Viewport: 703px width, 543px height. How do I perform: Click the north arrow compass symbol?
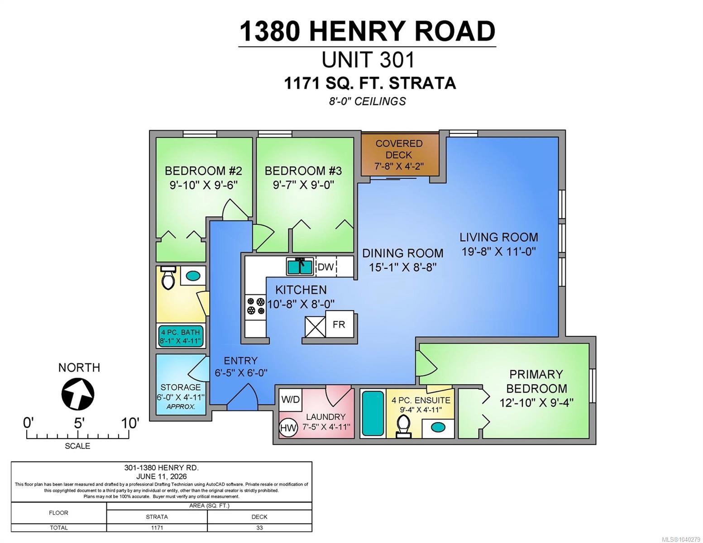coord(78,394)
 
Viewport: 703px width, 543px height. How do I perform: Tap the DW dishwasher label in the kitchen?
coord(325,267)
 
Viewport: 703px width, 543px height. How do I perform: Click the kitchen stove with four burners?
coord(256,306)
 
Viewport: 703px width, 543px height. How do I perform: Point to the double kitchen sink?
coord(300,267)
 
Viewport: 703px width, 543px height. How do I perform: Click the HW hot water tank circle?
coord(288,428)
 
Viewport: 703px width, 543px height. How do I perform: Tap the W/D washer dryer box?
coord(290,399)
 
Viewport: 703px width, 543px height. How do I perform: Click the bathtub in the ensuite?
coord(373,413)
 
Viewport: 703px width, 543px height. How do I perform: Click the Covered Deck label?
coord(399,149)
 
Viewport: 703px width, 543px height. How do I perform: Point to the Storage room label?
coord(181,387)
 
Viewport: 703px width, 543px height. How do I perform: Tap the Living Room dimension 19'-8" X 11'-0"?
coord(498,251)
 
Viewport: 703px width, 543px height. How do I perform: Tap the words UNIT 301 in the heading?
coord(368,60)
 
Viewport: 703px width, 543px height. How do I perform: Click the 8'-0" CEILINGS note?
coord(367,101)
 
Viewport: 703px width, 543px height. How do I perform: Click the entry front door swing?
coord(242,394)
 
